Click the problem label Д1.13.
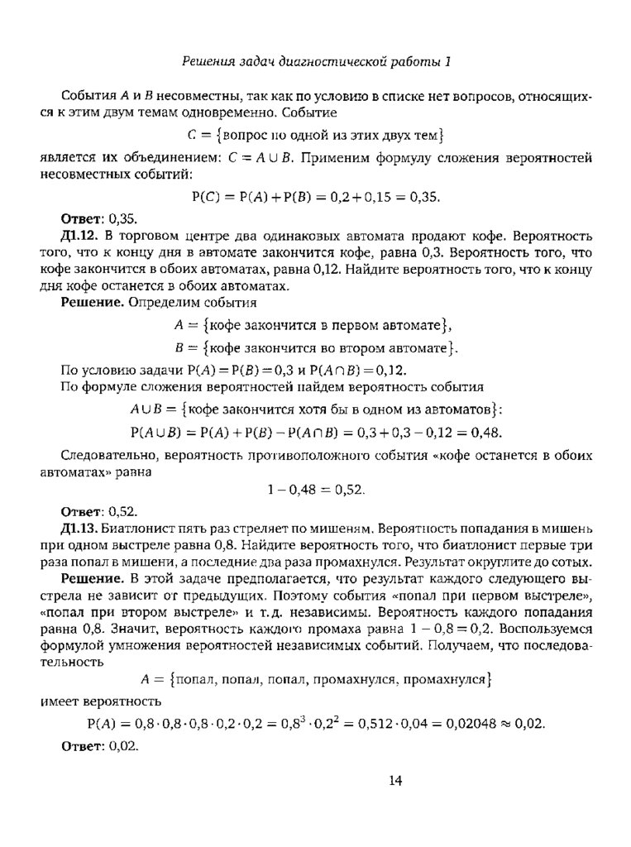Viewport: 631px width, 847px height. coord(79,527)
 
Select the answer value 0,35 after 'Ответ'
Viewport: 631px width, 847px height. coord(121,219)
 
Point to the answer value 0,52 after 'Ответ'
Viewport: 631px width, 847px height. coord(121,510)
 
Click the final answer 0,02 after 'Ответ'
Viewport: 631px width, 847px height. coord(121,745)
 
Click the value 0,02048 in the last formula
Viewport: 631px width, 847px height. coord(462,723)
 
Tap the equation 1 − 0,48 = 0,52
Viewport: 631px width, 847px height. coord(316,490)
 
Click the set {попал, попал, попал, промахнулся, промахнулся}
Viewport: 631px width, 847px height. coord(329,680)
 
